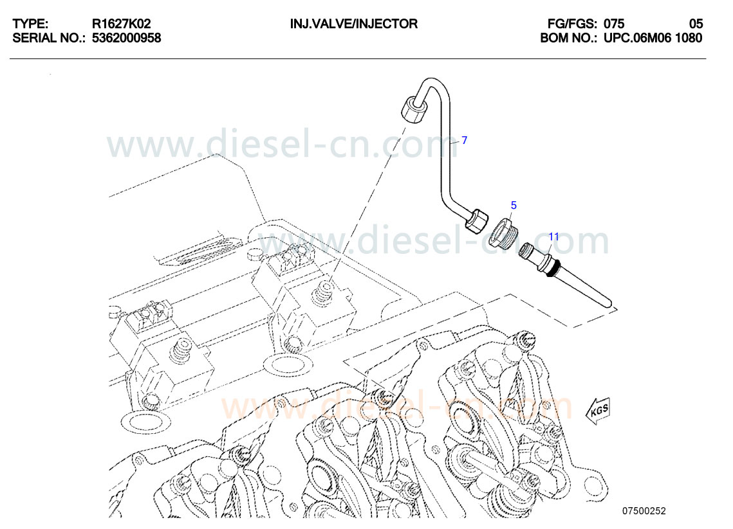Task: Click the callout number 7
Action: tap(463, 140)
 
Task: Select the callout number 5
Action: tap(514, 206)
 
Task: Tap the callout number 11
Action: tap(553, 237)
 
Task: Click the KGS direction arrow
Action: tap(597, 409)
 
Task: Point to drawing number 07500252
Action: tap(643, 511)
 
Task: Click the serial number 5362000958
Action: tap(126, 38)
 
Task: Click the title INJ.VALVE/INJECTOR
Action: tap(353, 24)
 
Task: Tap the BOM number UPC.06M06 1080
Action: tap(653, 38)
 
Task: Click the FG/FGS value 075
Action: tap(614, 24)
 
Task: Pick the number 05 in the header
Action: tap(696, 24)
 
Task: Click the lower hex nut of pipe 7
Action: tap(477, 221)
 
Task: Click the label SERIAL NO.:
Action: tap(49, 38)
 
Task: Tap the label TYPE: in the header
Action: tap(30, 24)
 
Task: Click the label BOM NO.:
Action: tap(569, 38)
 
